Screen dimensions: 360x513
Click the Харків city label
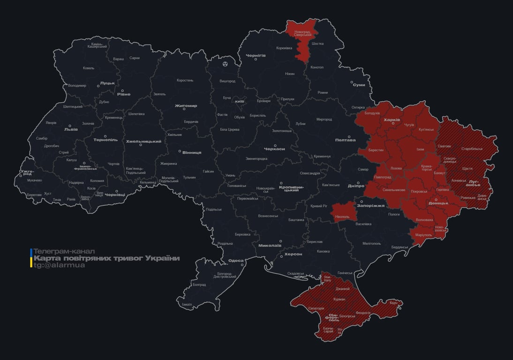tap(392, 120)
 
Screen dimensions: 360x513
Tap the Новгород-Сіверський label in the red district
tap(302, 33)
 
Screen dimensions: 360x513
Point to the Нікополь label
tap(342, 217)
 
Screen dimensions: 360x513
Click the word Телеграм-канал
tap(64, 251)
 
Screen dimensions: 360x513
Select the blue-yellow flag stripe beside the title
tap(31, 258)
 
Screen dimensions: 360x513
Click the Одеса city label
tap(235, 261)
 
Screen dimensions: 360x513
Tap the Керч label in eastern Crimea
tap(393, 303)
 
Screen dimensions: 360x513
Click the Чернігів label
tap(256, 55)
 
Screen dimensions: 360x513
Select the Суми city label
tap(359, 85)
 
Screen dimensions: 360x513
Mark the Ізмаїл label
tap(187, 304)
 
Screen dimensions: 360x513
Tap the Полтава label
tap(345, 140)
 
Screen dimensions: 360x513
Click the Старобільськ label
tap(472, 149)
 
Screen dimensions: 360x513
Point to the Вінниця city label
tap(192, 152)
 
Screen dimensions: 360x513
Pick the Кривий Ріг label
tap(319, 206)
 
